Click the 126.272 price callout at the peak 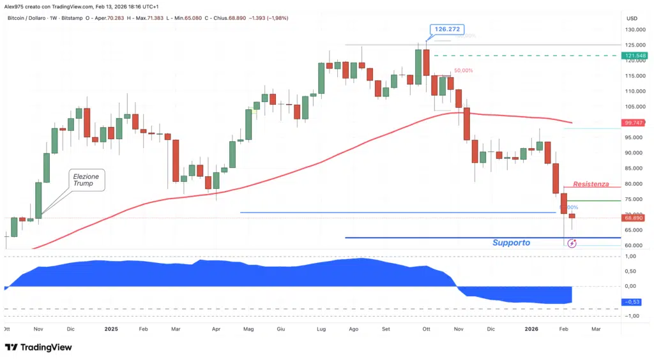(x=446, y=29)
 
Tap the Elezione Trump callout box (x=87, y=179)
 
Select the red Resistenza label (x=591, y=183)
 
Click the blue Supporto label (x=511, y=243)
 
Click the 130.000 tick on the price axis (x=635, y=29)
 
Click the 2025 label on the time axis (x=111, y=329)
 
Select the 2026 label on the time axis (x=531, y=329)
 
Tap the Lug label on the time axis (x=321, y=329)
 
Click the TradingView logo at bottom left (x=38, y=347)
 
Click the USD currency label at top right (x=632, y=18)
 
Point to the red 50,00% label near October (x=464, y=71)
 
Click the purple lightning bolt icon (x=572, y=243)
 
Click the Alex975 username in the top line (x=13, y=5)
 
